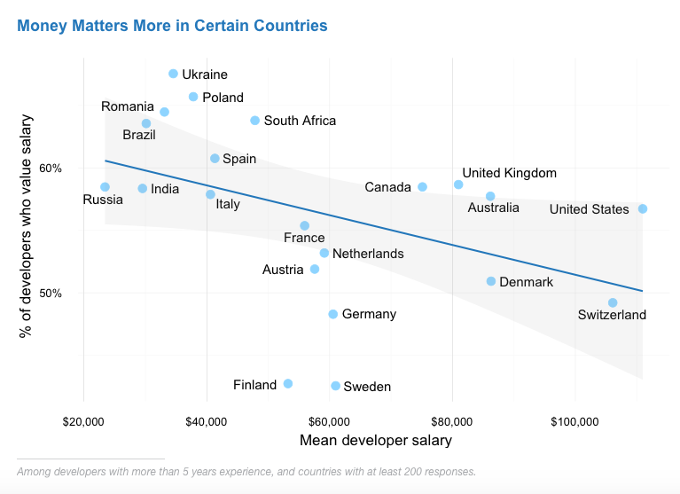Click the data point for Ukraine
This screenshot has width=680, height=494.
click(173, 74)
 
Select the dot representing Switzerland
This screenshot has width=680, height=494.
click(613, 302)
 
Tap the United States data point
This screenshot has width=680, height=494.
click(643, 209)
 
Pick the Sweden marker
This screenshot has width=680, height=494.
click(335, 386)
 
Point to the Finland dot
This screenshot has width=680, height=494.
click(287, 383)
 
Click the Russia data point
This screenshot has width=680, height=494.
click(105, 187)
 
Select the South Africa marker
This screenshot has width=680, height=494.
click(255, 121)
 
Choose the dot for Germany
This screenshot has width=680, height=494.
click(333, 314)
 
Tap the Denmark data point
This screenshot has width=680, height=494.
click(491, 281)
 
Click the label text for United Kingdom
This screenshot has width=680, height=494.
click(510, 173)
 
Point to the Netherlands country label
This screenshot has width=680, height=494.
click(368, 254)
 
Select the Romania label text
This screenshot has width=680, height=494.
click(128, 106)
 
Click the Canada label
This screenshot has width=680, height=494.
click(388, 187)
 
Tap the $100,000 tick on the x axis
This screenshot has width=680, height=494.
click(576, 420)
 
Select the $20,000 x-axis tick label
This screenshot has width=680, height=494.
click(83, 420)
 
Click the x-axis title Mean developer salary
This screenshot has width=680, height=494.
click(376, 440)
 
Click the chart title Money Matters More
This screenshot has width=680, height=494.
click(172, 26)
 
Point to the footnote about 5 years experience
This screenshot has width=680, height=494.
click(246, 472)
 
